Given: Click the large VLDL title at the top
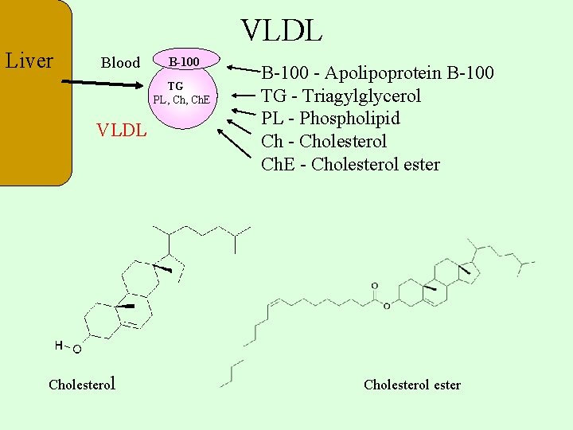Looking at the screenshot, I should click(x=282, y=30).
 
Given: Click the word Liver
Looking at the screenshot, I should click(x=29, y=61).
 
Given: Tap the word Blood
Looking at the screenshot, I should click(x=120, y=63).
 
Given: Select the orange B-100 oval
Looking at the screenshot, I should click(x=183, y=61).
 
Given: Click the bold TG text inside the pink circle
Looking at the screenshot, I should click(x=175, y=86).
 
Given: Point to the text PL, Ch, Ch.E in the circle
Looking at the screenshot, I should click(x=181, y=100).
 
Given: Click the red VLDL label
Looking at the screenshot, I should click(x=121, y=130).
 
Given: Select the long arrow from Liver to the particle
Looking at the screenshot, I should click(x=103, y=82).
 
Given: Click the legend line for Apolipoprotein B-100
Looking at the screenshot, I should click(x=378, y=73).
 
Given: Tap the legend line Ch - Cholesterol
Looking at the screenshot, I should click(x=324, y=142).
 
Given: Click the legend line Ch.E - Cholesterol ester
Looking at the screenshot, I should click(x=350, y=165).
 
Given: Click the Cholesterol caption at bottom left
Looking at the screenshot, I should click(x=83, y=384).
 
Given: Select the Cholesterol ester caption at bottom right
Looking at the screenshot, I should click(x=411, y=385).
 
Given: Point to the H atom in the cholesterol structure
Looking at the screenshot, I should click(x=59, y=345).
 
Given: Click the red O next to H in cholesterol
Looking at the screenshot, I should click(x=77, y=349).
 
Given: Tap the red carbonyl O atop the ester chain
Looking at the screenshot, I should click(x=374, y=286).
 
